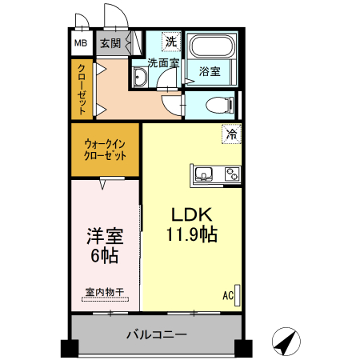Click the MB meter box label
82,43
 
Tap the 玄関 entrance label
110,43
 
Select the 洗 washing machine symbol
170,42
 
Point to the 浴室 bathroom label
210,72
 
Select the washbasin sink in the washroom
139,77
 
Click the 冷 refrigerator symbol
231,134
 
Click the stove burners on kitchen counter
231,173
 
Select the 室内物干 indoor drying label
104,293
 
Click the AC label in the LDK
228,295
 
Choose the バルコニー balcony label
156,334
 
